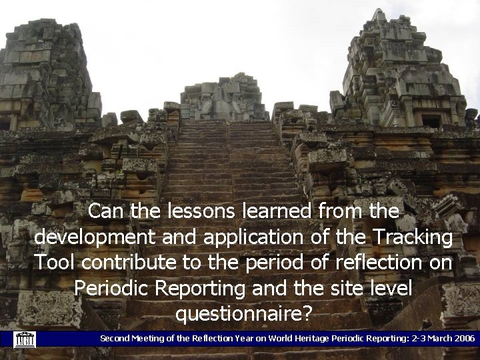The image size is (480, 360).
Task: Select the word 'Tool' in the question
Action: click(x=55, y=263)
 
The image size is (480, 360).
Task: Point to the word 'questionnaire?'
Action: click(x=243, y=312)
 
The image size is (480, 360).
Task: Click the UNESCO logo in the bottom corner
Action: click(x=24, y=339)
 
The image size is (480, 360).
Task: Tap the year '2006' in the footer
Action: click(x=463, y=339)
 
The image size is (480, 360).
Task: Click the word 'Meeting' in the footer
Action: click(x=151, y=339)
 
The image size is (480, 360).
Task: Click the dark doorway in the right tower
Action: click(x=431, y=122)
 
